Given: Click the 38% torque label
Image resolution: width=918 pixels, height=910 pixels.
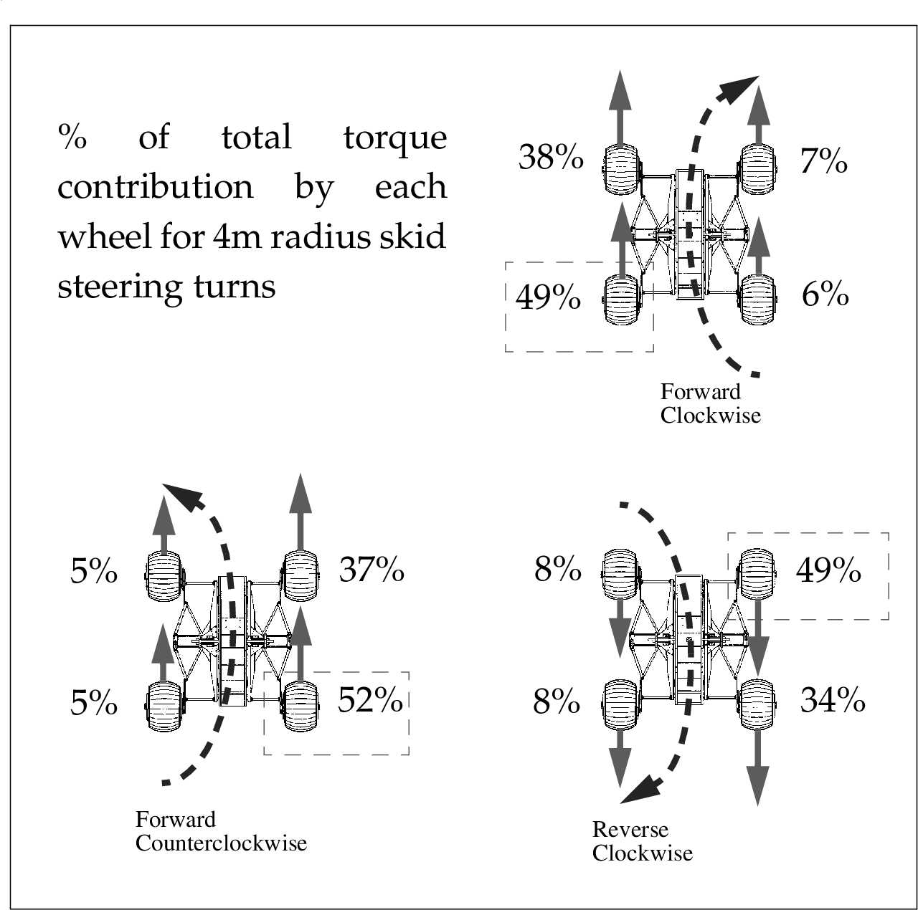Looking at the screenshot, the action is tap(550, 157).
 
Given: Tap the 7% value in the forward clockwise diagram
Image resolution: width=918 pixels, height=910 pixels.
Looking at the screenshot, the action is tap(823, 161).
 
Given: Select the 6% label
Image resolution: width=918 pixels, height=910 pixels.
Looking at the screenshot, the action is tap(825, 294).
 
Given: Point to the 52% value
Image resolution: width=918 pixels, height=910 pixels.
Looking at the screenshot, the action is tap(370, 699).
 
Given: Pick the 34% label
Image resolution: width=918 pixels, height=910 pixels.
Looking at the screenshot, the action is tap(832, 699).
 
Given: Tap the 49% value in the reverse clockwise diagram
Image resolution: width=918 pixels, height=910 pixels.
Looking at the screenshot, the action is tap(828, 570).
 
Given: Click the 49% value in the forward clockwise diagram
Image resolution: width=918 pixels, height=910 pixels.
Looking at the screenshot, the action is tap(548, 297).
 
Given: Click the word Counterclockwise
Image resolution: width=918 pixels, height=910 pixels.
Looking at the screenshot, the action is tap(221, 843).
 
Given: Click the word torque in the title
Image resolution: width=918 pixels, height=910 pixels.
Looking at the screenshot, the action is tap(395, 138).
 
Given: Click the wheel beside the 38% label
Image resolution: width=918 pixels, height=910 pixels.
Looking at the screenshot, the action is tap(621, 170).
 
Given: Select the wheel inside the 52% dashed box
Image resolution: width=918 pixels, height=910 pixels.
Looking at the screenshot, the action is tap(301, 706).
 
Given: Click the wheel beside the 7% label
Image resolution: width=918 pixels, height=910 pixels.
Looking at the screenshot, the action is tap(757, 169).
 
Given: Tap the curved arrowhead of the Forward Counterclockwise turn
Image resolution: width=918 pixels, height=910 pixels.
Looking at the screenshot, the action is tap(185, 496).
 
